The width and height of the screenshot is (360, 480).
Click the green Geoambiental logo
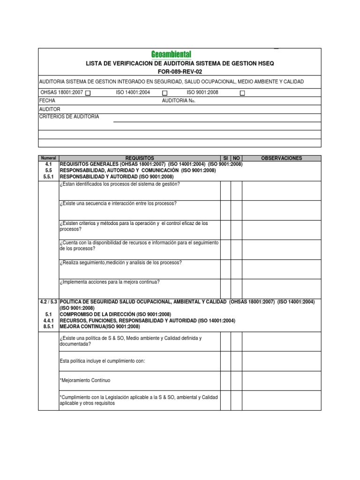click(x=171, y=55)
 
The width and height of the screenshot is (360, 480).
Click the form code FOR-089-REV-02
click(x=180, y=71)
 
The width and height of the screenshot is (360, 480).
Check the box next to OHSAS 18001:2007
click(x=88, y=93)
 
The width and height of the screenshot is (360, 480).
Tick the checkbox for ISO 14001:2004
click(x=165, y=93)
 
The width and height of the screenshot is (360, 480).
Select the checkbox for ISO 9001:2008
click(x=242, y=93)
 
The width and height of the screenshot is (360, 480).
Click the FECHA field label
click(x=47, y=101)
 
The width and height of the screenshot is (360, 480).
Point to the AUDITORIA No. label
click(x=178, y=101)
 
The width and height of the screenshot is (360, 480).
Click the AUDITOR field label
click(x=50, y=109)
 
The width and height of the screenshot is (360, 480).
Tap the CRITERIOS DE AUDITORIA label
click(x=69, y=117)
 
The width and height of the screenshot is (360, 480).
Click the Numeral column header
click(x=48, y=158)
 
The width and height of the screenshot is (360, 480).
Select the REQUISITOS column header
click(x=139, y=158)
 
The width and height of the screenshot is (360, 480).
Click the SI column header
click(x=225, y=158)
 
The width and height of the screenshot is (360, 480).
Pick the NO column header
click(x=236, y=158)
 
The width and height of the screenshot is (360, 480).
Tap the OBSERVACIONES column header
click(x=281, y=158)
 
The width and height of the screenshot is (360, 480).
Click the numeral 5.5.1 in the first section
click(x=49, y=177)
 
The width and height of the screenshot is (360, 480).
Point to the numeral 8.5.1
click(x=49, y=327)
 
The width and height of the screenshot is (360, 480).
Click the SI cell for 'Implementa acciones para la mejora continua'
click(x=225, y=287)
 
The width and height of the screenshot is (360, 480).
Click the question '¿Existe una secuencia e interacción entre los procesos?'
click(x=118, y=203)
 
